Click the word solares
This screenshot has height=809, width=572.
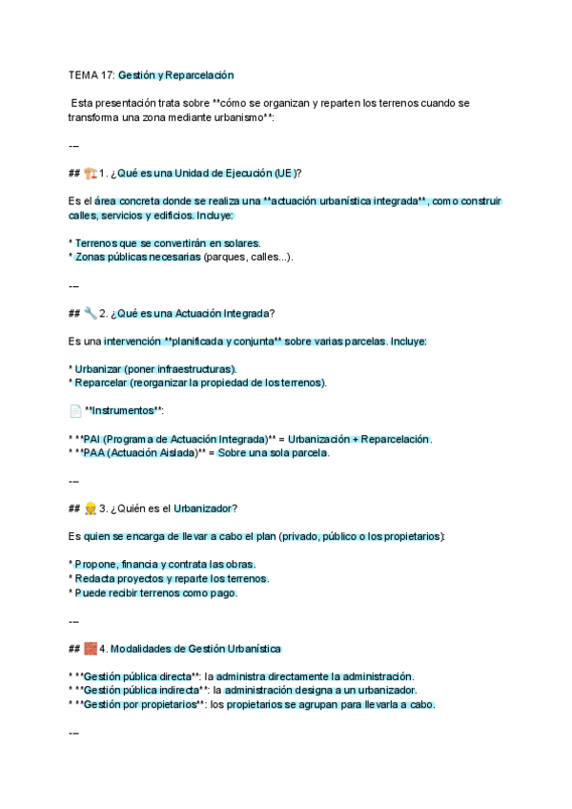240,242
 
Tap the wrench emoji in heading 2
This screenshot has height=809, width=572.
90,313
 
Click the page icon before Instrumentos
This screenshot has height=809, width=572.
75,411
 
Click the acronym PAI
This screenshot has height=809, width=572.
92,439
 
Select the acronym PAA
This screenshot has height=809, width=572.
93,453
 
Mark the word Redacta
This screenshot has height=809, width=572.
97,578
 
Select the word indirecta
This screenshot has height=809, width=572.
176,691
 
